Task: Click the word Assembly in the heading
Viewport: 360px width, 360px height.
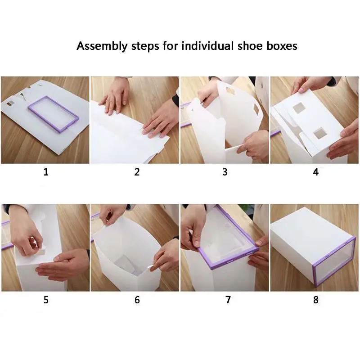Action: tap(102, 46)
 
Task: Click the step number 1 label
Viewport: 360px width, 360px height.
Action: tap(46, 172)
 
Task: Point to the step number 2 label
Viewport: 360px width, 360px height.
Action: tap(137, 172)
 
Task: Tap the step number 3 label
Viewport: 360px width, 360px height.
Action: tap(225, 172)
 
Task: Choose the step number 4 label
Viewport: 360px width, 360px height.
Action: tap(316, 172)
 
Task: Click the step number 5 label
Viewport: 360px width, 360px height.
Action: tap(46, 300)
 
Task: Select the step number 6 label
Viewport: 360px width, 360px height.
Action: tap(137, 300)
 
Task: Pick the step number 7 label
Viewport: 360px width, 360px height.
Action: tap(228, 300)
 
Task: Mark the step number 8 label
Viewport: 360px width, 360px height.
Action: tap(316, 300)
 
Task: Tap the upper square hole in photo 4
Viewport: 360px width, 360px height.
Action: tap(298, 108)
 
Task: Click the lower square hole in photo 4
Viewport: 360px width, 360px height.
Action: tap(320, 133)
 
